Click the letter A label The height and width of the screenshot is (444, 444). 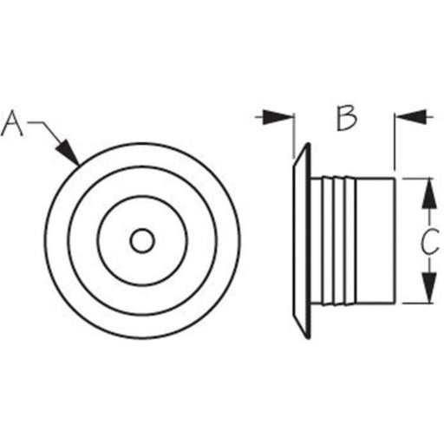tap(11, 122)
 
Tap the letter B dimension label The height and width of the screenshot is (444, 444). tap(347, 118)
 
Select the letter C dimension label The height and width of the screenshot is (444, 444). tap(429, 241)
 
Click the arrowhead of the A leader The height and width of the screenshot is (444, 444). tap(69, 153)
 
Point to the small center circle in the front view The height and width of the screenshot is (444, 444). tap(142, 240)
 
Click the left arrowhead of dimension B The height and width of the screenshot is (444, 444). tap(277, 117)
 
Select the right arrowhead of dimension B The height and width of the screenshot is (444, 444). tap(411, 117)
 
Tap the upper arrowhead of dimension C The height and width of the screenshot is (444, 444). tap(429, 193)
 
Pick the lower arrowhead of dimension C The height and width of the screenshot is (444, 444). tap(429, 287)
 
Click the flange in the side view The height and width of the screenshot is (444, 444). tap(302, 241)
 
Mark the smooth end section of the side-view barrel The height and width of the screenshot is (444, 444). tap(375, 241)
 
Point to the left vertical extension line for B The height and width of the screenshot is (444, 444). tap(294, 136)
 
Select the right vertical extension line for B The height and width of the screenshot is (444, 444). tap(394, 141)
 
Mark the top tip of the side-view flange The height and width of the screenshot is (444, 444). tap(309, 144)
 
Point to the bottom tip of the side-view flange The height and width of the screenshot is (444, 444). tap(309, 337)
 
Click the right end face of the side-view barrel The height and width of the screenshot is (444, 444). tap(395, 241)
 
